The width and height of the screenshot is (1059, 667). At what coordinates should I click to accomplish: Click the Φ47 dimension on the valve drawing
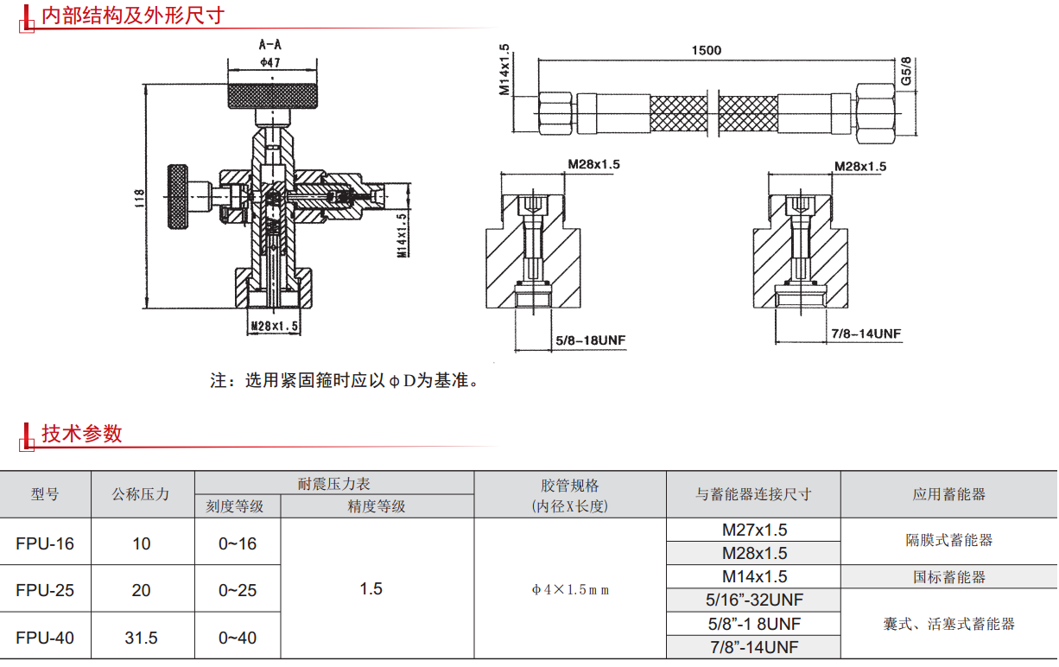point(270,62)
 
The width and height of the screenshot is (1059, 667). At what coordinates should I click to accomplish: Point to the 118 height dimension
point(139,198)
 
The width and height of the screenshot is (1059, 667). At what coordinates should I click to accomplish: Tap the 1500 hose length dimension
point(707,50)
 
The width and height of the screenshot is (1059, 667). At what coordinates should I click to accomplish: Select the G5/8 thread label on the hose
point(906,71)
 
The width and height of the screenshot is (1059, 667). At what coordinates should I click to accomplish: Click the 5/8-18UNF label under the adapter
point(591,340)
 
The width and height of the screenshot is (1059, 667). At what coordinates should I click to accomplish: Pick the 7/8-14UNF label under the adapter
point(866,333)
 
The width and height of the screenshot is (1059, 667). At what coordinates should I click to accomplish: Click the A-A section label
point(270,44)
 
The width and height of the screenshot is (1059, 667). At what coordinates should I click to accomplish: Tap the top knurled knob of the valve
point(273,96)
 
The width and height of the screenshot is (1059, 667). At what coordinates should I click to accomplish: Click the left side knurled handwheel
point(178,197)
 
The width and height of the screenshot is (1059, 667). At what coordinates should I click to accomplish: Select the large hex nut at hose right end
point(876,113)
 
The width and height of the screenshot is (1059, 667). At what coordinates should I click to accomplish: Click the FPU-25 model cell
point(45,590)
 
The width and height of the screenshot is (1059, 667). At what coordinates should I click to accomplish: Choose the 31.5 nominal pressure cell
point(141,638)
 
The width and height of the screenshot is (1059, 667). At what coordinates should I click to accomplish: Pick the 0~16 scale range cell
point(238,543)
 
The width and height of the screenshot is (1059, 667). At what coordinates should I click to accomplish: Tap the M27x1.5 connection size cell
point(755,530)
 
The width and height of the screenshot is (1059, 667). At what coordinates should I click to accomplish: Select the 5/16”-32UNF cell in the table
point(755,600)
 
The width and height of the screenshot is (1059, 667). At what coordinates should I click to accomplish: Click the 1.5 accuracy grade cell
point(371,589)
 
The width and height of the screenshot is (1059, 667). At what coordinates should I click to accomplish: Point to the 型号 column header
point(45,494)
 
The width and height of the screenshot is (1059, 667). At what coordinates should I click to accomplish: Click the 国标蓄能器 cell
point(949,576)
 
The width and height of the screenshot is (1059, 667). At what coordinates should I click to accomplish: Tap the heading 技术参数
point(82,434)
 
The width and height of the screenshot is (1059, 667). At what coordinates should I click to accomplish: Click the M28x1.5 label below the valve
point(274,327)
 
